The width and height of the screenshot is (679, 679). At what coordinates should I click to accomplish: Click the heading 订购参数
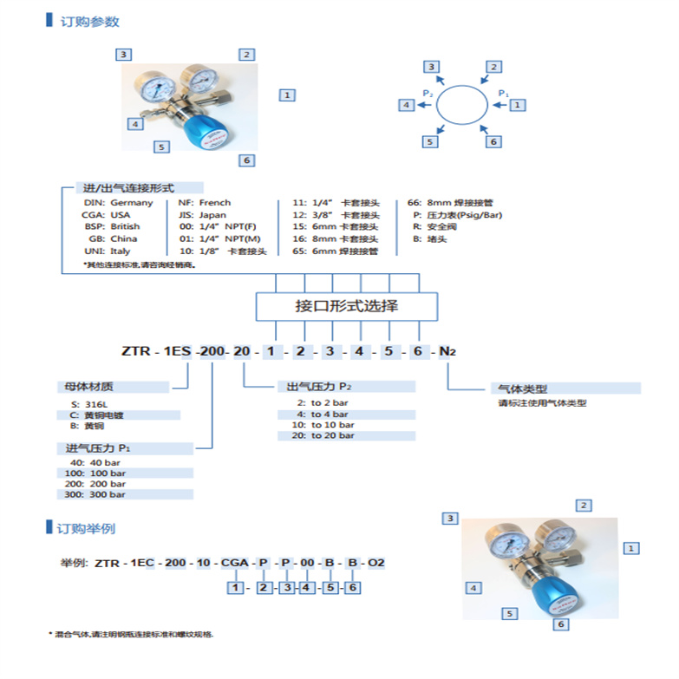[x=89, y=22]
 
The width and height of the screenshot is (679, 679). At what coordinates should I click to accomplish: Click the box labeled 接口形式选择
[x=347, y=306]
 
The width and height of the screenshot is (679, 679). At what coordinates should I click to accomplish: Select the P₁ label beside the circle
[x=502, y=92]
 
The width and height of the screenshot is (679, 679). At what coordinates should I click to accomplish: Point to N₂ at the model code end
[x=446, y=351]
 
